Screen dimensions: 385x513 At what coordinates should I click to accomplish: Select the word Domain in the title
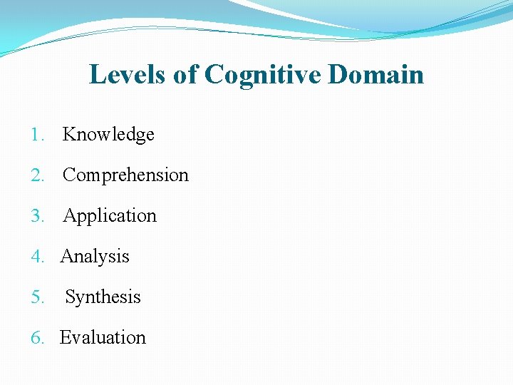(x=375, y=74)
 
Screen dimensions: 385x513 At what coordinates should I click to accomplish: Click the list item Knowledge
(x=108, y=134)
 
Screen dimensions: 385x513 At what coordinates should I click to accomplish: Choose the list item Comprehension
(x=125, y=175)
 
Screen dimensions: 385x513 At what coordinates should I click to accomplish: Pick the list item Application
(x=110, y=216)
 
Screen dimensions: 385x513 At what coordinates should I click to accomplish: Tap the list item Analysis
(x=95, y=257)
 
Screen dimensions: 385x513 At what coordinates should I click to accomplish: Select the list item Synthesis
(x=103, y=297)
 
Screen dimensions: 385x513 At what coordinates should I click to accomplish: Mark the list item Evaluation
(x=103, y=337)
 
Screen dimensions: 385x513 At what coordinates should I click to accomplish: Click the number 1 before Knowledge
(x=36, y=135)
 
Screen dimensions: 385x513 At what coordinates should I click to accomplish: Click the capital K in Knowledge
(x=69, y=134)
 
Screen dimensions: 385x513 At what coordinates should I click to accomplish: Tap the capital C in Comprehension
(x=69, y=175)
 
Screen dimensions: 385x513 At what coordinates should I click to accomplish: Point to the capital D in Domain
(x=338, y=74)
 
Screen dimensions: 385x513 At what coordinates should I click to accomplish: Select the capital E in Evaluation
(x=65, y=337)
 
